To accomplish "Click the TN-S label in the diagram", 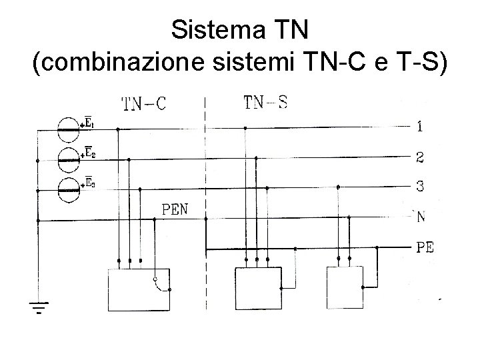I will click(266, 102).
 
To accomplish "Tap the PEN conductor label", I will click(175, 209).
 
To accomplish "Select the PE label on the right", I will click(425, 248).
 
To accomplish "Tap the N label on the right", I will click(421, 217).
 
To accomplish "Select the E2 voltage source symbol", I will click(67, 157).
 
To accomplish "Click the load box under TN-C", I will click(139, 289).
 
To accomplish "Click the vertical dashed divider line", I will click(205, 200).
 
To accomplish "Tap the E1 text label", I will click(90, 123).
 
